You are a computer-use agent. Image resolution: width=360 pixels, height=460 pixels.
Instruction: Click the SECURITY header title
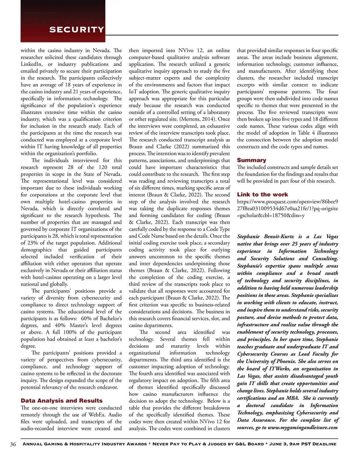coord(76,29)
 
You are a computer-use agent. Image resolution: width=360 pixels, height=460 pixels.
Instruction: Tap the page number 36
coord(13,444)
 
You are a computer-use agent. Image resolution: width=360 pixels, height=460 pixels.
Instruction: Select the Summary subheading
coord(251,160)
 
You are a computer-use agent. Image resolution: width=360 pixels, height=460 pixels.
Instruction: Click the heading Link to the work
coord(262,194)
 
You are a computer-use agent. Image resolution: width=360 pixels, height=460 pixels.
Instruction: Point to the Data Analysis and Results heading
coord(61,401)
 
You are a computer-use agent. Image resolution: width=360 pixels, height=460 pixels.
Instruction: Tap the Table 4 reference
coord(306,133)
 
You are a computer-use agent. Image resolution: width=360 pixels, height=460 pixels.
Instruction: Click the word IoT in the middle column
coord(133,92)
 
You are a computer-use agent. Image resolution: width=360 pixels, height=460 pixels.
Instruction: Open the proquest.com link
coord(287,208)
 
